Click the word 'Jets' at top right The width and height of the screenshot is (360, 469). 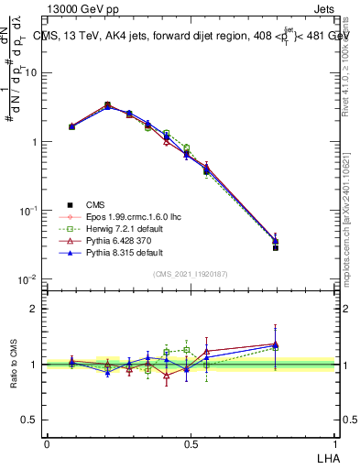click(323, 9)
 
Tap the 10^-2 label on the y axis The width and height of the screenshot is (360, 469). click(28, 279)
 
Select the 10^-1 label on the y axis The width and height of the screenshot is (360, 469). click(28, 211)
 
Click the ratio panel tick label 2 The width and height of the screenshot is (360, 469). click(34, 309)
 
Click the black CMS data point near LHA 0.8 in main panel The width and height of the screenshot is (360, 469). click(276, 247)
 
